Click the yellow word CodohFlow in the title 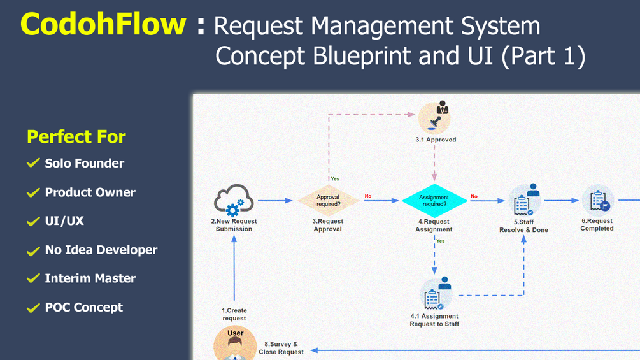pyautogui.click(x=103, y=25)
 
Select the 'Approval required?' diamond pyautogui.click(x=328, y=201)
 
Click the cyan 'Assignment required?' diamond pyautogui.click(x=434, y=201)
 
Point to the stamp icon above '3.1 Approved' pyautogui.click(x=434, y=118)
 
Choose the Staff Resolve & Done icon pyautogui.click(x=524, y=201)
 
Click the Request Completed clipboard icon pyautogui.click(x=597, y=201)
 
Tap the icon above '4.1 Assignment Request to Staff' pyautogui.click(x=436, y=294)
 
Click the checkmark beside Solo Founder pyautogui.click(x=33, y=164)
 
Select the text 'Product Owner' pyautogui.click(x=90, y=192)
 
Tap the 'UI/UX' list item pyautogui.click(x=64, y=221)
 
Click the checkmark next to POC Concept pyautogui.click(x=33, y=308)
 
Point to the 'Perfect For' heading pyautogui.click(x=76, y=136)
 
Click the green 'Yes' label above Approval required pyautogui.click(x=335, y=179)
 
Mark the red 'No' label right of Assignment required pyautogui.click(x=474, y=196)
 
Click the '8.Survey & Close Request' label pyautogui.click(x=281, y=348)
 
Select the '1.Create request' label pyautogui.click(x=234, y=314)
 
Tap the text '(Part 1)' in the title pyautogui.click(x=543, y=56)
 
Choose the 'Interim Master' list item pyautogui.click(x=90, y=278)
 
